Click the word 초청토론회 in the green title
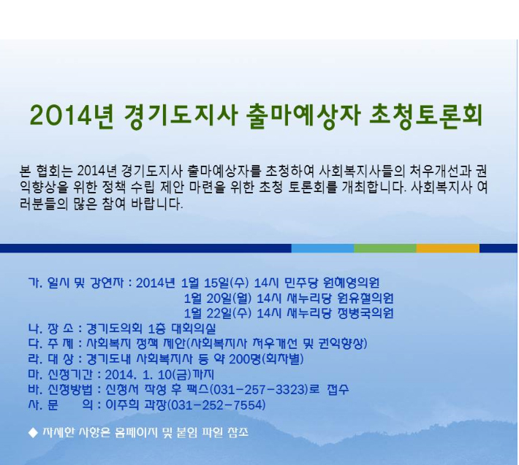(426, 116)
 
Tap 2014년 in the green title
(72, 116)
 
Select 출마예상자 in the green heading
(303, 116)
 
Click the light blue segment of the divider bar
(322, 248)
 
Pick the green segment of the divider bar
(385, 248)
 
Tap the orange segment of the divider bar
(448, 248)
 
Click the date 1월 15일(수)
(215, 283)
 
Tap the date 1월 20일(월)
(218, 299)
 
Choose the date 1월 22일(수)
(218, 313)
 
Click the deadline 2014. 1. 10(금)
(148, 374)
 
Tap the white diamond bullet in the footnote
(33, 433)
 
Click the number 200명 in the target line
(245, 359)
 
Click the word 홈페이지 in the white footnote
(136, 433)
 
